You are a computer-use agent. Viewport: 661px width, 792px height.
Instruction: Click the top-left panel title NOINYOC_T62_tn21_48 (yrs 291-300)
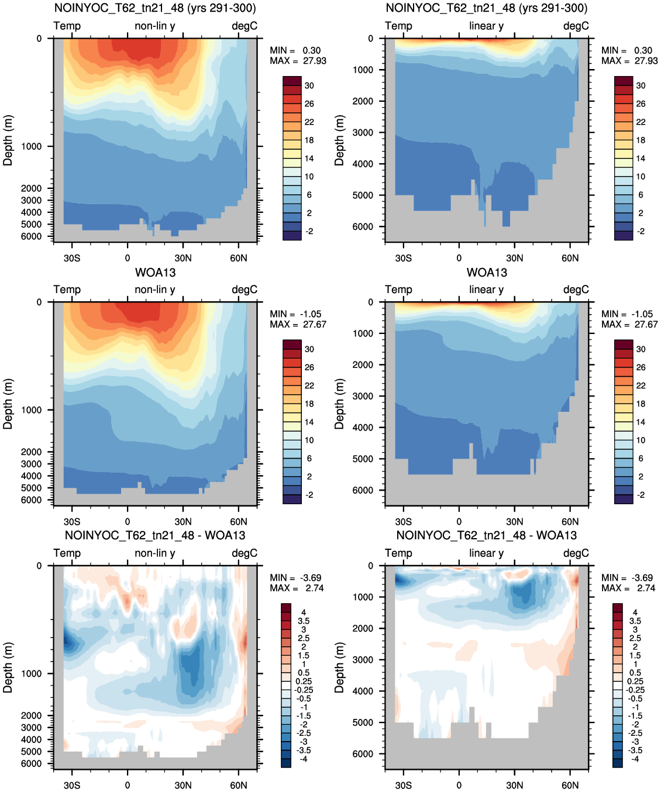155,8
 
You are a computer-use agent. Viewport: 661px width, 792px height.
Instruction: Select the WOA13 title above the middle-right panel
487,273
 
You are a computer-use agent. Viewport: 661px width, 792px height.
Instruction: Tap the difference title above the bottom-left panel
155,535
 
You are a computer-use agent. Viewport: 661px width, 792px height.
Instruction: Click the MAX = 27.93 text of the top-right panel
629,61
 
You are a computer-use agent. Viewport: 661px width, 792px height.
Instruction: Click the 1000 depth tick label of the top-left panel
31,146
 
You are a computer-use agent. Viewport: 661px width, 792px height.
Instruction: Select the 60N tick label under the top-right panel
570,259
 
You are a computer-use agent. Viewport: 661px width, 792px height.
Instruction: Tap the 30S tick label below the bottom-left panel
72,785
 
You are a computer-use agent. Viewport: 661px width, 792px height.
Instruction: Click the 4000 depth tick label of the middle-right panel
363,428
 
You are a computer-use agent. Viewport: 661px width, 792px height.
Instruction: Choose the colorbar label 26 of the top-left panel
309,104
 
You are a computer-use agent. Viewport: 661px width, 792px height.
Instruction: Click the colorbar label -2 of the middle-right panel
641,495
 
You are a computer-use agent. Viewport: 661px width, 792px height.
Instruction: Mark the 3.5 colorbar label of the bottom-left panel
304,621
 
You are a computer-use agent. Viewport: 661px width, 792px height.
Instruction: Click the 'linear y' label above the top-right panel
486,26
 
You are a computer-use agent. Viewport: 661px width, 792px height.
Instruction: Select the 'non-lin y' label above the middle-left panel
155,290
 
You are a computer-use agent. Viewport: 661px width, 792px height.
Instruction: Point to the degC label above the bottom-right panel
576,553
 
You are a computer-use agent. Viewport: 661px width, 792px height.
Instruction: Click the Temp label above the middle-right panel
398,290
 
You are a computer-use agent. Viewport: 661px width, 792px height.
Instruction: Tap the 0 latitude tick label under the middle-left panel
128,522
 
